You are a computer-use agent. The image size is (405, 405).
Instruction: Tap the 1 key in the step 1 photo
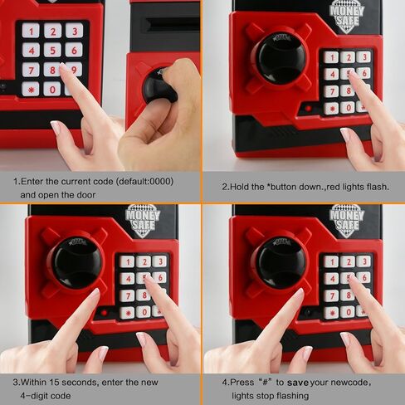(x=31, y=32)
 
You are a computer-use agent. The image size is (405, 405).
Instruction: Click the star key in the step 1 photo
(x=31, y=89)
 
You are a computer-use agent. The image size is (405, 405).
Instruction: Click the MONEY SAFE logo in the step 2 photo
(x=346, y=14)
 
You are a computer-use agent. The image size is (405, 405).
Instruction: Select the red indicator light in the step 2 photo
(x=308, y=109)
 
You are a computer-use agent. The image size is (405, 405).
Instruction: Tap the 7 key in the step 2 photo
(x=331, y=90)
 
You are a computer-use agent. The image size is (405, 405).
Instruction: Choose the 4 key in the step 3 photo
(x=127, y=278)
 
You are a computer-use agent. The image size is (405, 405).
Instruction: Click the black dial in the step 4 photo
(x=280, y=261)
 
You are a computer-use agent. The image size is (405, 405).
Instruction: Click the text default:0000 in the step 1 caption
(x=144, y=180)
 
